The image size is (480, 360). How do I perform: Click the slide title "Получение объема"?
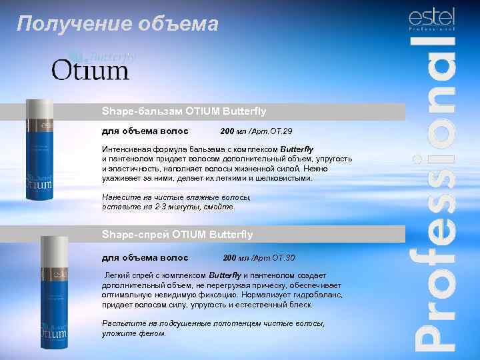click(x=117, y=25)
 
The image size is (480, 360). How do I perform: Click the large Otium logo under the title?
click(x=90, y=70)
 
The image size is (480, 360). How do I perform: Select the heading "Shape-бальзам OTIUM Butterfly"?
click(x=183, y=111)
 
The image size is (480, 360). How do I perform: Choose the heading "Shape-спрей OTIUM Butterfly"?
click(x=177, y=234)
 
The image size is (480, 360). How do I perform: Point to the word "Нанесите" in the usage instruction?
click(x=121, y=198)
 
